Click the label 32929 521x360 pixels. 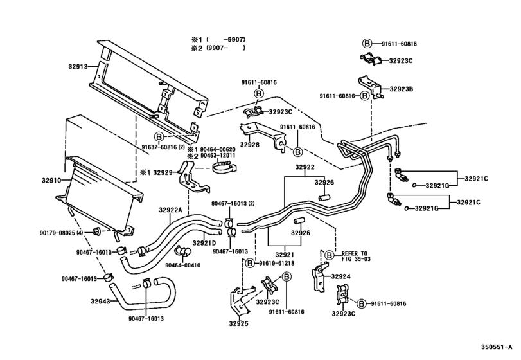162,173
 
